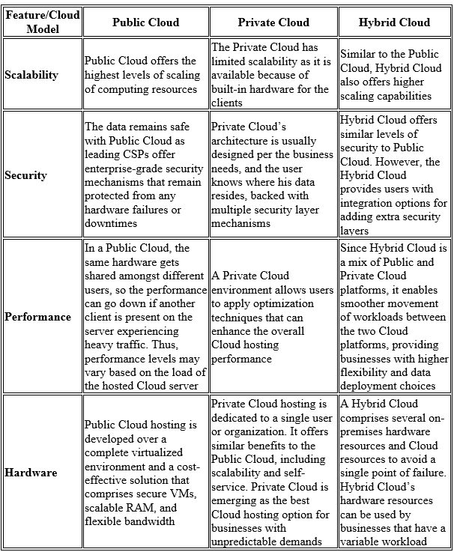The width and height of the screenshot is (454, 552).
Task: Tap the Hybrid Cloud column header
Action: coord(394,22)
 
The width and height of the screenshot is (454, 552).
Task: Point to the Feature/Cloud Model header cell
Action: coord(42,22)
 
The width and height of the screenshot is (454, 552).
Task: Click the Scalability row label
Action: coord(31,75)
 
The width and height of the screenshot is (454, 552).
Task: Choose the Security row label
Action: coord(25,175)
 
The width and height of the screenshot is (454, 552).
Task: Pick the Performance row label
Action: coord(37,317)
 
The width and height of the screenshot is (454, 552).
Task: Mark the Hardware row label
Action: coord(31,473)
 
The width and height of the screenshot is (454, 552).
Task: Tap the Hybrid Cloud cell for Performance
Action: coord(394,317)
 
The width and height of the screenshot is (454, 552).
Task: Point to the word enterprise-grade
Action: coord(123,169)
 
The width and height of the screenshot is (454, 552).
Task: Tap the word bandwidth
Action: coord(167,521)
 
